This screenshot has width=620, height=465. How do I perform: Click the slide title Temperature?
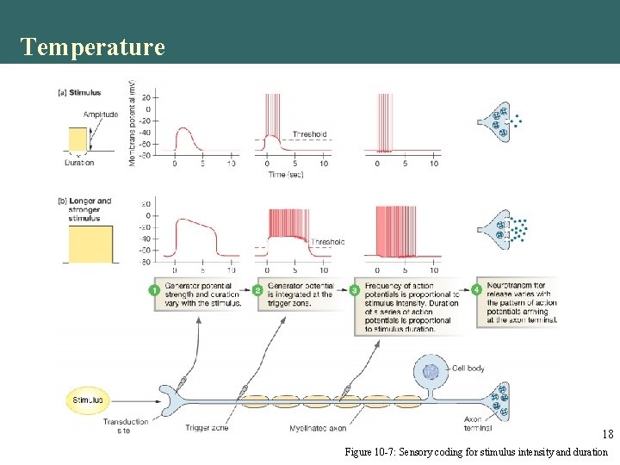tap(92, 46)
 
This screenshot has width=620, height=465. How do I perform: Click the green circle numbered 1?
tap(154, 290)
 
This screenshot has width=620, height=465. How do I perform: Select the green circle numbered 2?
tap(258, 290)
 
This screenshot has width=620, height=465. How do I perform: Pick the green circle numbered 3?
tap(355, 290)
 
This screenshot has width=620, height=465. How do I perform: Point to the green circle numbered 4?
tap(478, 290)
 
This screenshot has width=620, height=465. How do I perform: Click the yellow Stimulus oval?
tap(88, 400)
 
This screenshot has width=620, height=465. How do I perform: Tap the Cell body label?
tap(468, 369)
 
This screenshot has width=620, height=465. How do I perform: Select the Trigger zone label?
tap(207, 427)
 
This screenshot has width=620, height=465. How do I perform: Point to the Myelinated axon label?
tap(318, 427)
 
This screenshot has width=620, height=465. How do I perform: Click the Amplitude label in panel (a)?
tap(101, 115)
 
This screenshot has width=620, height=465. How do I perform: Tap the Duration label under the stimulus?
tap(79, 162)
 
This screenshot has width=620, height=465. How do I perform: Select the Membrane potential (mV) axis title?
tap(132, 129)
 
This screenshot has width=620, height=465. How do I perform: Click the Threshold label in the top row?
tap(310, 134)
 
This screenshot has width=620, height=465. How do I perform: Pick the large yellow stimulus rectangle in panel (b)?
tap(89, 239)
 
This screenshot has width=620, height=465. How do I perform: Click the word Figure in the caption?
tap(360, 451)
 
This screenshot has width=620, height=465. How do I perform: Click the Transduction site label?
tap(124, 425)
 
